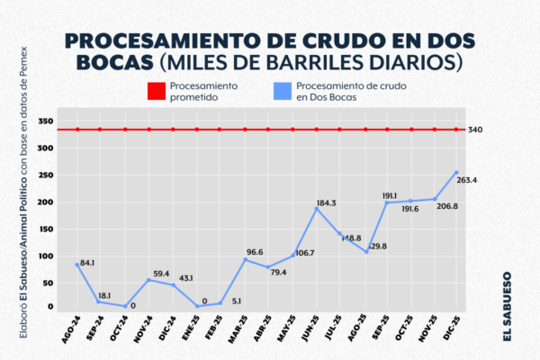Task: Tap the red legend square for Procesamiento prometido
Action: point(152,91)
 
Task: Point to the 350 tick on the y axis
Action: point(48,121)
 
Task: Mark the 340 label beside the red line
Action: point(476,130)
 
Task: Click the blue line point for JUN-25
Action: point(317,209)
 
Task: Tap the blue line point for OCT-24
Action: point(125,306)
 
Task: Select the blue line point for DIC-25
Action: point(456,173)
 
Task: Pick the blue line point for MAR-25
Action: point(245,259)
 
